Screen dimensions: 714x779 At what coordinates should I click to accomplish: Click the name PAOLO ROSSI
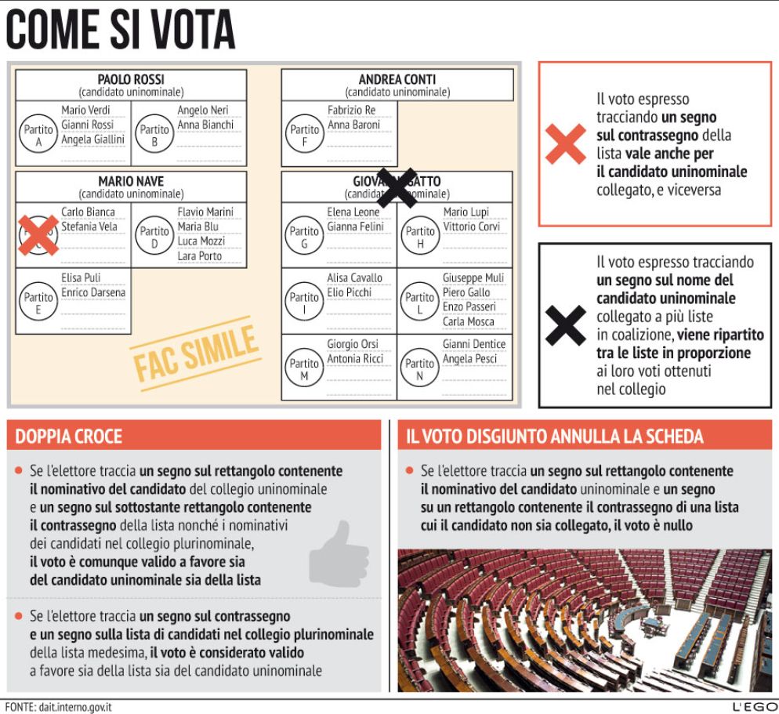(x=131, y=79)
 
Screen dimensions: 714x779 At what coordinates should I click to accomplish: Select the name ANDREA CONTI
(x=397, y=79)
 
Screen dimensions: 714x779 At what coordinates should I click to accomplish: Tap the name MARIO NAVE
(x=131, y=181)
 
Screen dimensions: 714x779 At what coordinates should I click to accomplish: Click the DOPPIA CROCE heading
(x=69, y=436)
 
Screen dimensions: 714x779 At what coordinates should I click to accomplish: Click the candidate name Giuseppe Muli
(x=473, y=278)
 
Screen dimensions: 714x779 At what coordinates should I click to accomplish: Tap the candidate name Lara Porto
(x=199, y=256)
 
